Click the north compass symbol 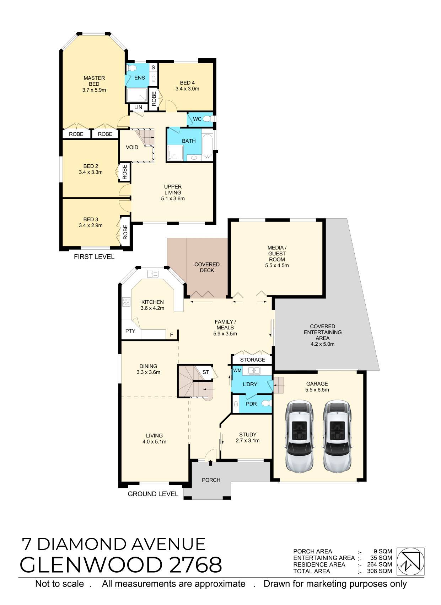coord(411,561)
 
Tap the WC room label coord(197,119)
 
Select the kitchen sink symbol coord(152,274)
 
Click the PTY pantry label coord(130,331)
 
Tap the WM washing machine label coord(237,370)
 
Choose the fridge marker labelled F coord(171,335)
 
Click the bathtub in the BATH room coord(207,146)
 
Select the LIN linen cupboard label coord(138,107)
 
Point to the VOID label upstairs coord(132,147)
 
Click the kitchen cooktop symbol coord(126,302)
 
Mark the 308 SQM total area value coord(379,571)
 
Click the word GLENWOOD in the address coord(91,564)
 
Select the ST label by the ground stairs coord(206,372)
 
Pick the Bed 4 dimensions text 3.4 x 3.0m coord(187,89)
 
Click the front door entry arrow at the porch coord(210,463)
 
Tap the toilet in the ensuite coord(132,68)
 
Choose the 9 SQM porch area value coord(383,551)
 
